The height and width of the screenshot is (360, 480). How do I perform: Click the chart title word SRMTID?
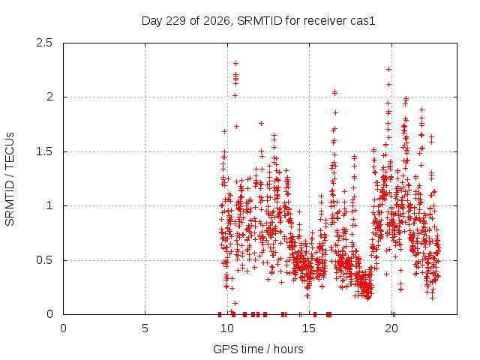(x=259, y=21)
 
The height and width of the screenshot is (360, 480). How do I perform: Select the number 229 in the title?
(x=175, y=21)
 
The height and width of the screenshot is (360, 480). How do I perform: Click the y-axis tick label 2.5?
(x=44, y=43)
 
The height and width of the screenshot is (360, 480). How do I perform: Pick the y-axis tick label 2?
(x=49, y=97)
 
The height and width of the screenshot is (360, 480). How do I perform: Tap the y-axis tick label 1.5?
(x=44, y=151)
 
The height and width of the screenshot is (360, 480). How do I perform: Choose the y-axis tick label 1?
(x=50, y=205)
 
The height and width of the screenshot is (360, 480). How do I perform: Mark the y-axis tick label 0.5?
(x=44, y=260)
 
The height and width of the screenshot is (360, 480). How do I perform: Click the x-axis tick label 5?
(x=145, y=328)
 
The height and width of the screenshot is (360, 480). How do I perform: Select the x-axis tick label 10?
(x=227, y=328)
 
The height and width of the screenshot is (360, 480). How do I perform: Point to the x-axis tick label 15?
(x=309, y=328)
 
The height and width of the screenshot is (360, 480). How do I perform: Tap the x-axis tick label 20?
(x=391, y=328)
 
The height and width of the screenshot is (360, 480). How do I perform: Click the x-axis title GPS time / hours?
(x=258, y=349)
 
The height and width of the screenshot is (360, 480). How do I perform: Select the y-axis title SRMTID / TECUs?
(x=10, y=179)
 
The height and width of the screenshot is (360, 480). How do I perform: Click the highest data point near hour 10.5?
(x=235, y=63)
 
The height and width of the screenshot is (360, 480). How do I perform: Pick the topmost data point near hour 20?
(x=388, y=70)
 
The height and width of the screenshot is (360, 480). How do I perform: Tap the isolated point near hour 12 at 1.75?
(x=261, y=123)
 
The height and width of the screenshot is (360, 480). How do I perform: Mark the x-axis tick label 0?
(x=63, y=328)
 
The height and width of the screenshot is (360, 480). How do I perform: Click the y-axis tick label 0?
(x=49, y=314)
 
